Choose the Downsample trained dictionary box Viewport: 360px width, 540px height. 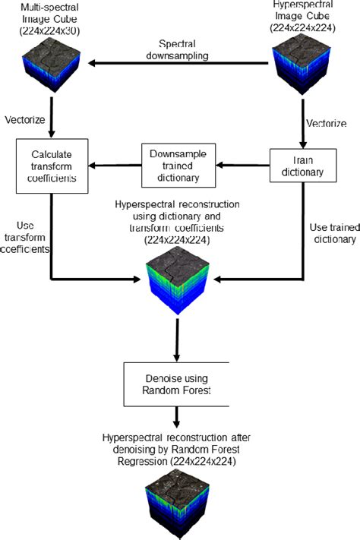180,163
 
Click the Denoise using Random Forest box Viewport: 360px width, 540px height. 176,384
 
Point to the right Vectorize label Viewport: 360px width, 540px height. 329,122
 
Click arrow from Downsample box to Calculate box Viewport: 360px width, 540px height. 113,163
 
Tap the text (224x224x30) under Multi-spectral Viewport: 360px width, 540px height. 52,30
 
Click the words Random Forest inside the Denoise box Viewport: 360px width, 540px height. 176,391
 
